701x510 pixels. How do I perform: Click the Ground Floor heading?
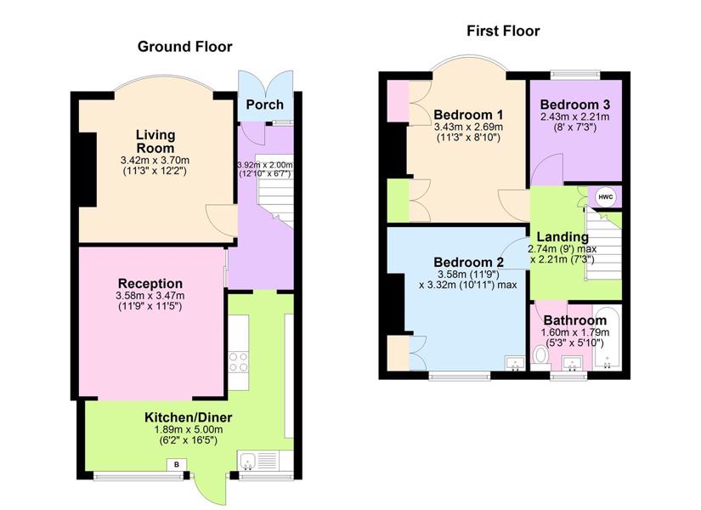184,47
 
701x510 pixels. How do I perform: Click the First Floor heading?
503,31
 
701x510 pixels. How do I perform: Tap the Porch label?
264,105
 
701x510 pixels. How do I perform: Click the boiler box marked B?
177,465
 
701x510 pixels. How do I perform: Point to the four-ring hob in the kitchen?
238,362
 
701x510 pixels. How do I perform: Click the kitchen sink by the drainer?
247,461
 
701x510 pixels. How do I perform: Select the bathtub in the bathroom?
608,337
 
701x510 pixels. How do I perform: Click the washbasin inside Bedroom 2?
516,363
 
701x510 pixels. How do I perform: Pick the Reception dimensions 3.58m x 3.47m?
150,295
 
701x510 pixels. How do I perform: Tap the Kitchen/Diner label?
189,417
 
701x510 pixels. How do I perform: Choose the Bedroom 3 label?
575,105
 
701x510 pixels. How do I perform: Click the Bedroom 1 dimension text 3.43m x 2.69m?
468,127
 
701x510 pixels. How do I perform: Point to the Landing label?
562,236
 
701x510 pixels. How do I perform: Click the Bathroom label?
575,320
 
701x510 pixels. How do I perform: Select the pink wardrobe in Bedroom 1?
398,101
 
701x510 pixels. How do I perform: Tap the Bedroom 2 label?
468,262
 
